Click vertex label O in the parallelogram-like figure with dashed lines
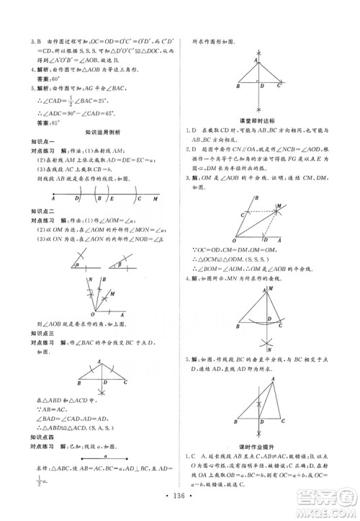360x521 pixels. [x=233, y=241]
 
